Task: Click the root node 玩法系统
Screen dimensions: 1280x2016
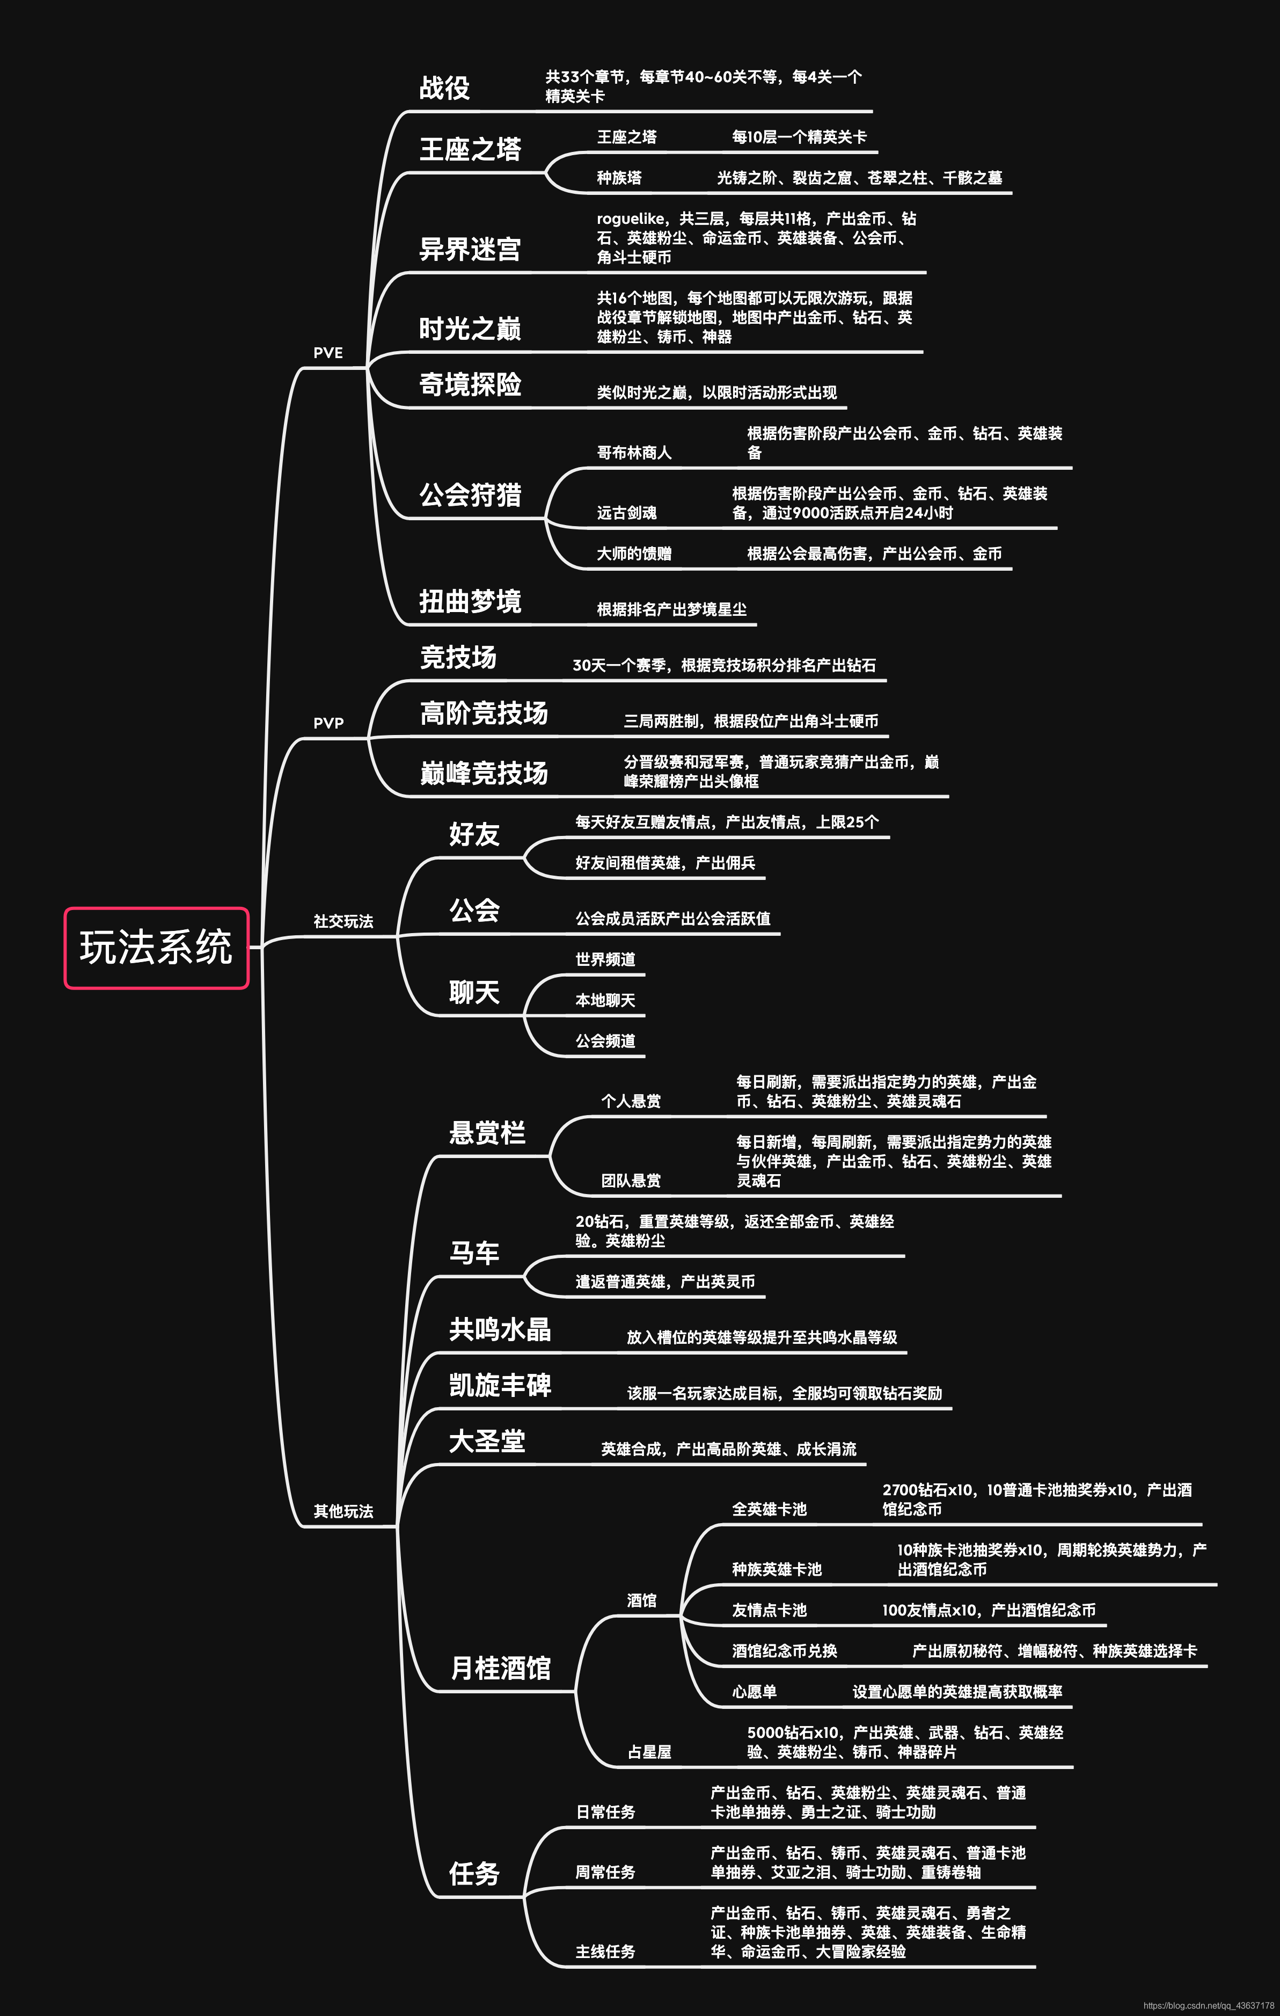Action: pos(157,948)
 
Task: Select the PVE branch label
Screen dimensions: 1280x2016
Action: pos(328,353)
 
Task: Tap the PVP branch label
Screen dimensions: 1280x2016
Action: pos(328,723)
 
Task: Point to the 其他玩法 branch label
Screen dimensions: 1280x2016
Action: pos(343,1511)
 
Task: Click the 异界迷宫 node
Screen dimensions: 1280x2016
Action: pos(470,249)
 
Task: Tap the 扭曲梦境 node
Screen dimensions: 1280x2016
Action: pos(470,601)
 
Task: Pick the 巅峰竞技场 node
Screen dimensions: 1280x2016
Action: pos(484,772)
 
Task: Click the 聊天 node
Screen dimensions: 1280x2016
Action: pos(474,992)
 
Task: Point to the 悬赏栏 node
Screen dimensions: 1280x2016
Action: pos(487,1133)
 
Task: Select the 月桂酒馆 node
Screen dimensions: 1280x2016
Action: pos(501,1668)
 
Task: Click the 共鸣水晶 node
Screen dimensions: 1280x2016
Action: pos(500,1329)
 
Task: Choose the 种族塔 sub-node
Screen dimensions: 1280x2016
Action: pos(619,178)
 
